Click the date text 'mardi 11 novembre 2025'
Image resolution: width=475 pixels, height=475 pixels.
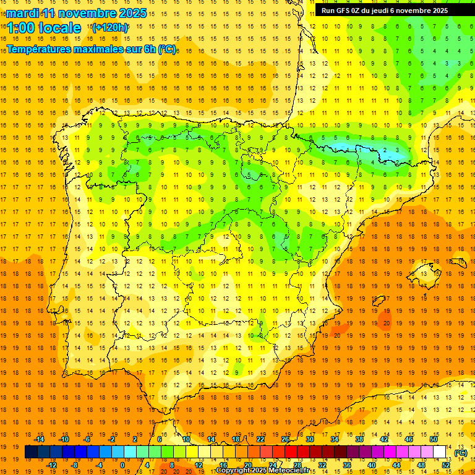(77, 13)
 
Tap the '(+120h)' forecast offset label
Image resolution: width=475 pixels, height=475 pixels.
(110, 28)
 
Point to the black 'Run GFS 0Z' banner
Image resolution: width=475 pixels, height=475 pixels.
(393, 11)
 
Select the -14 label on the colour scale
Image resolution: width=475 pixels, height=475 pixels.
(40, 439)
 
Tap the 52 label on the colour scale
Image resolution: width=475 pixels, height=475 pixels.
(446, 465)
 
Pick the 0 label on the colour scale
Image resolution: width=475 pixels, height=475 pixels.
(122, 465)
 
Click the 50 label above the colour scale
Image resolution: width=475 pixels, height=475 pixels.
(433, 439)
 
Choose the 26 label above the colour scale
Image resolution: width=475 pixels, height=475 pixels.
(285, 439)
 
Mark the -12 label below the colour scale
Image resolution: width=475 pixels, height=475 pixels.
(51, 465)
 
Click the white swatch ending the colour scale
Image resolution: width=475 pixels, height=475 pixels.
(440, 452)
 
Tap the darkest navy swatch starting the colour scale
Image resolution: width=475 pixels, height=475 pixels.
(31, 452)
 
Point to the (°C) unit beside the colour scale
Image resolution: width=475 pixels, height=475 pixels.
(460, 453)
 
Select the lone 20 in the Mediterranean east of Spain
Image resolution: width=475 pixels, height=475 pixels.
(385, 323)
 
